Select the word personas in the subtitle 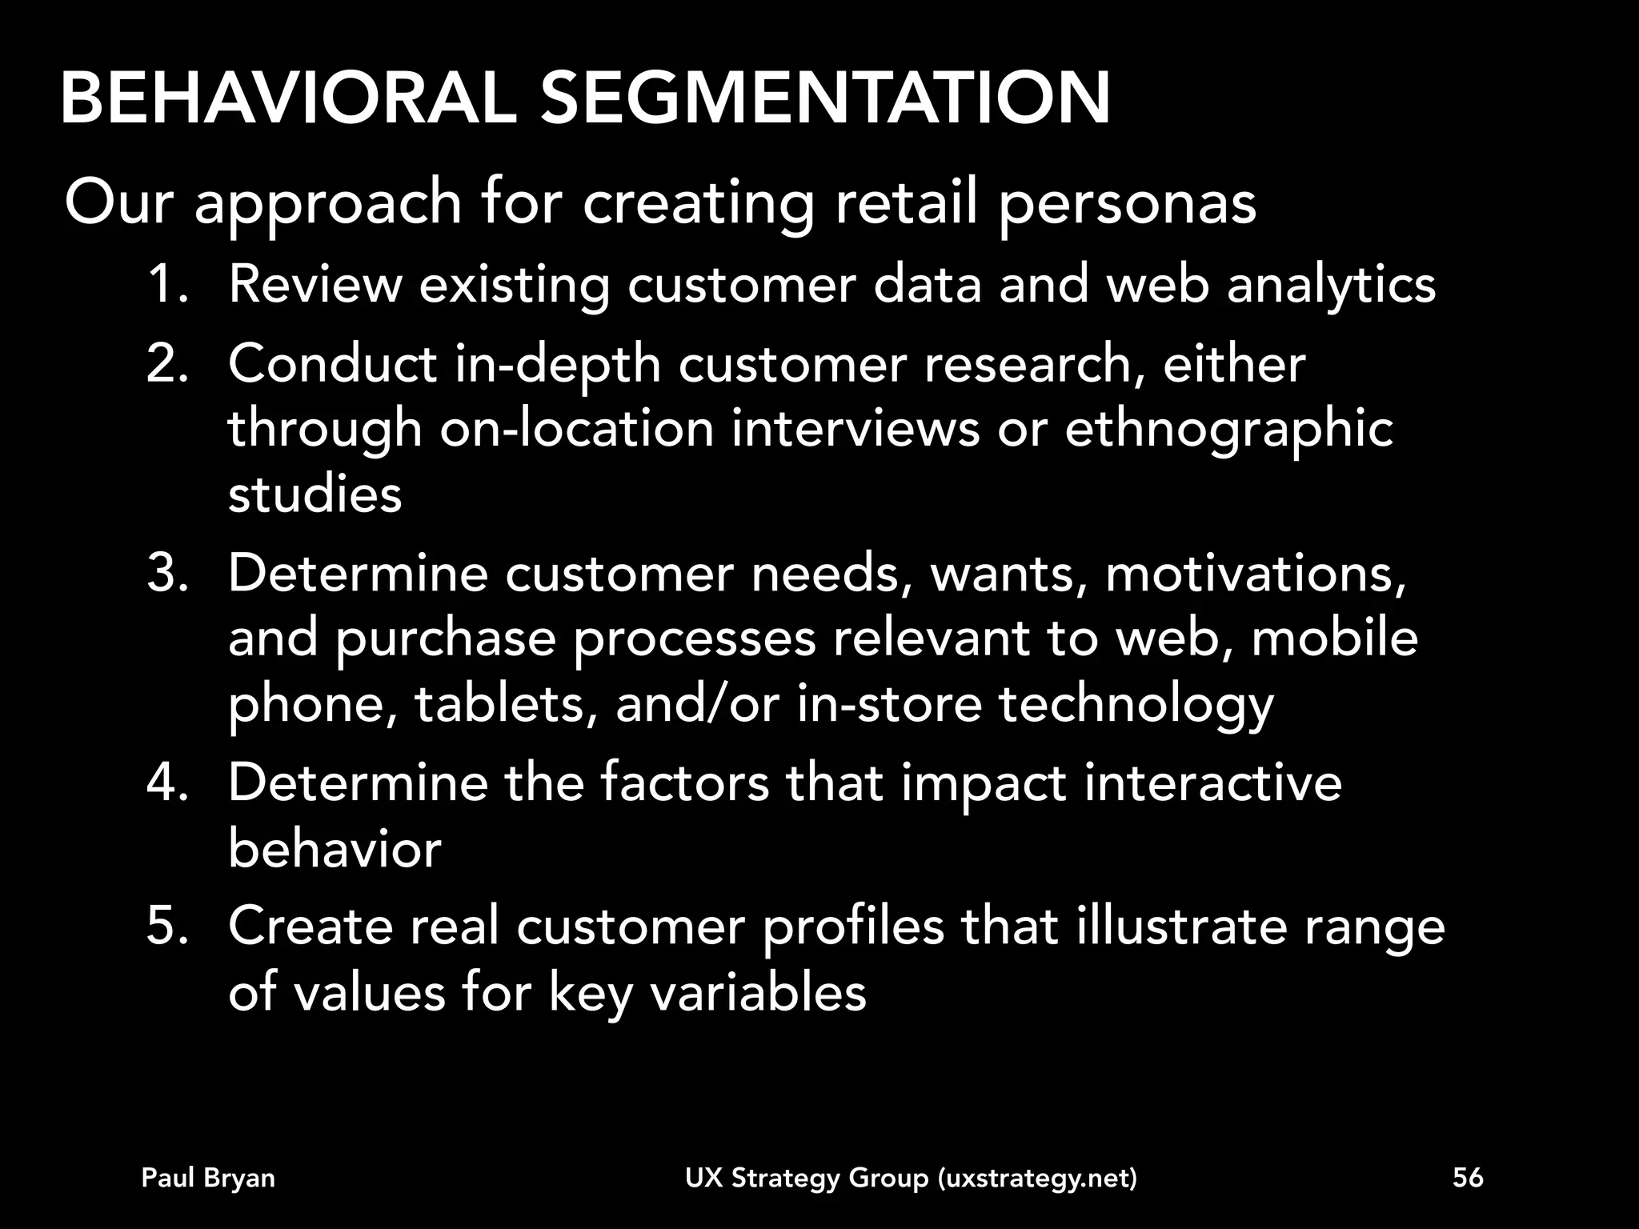(x=1127, y=203)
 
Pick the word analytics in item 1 (x=1331, y=285)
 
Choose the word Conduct (x=332, y=364)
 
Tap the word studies (x=315, y=494)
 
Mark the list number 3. (x=166, y=574)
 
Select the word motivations (x=1254, y=574)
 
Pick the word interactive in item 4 (x=1212, y=782)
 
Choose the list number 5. (x=166, y=926)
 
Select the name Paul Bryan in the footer (x=208, y=1178)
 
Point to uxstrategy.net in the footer (x=1036, y=1179)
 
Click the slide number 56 (x=1468, y=1178)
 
